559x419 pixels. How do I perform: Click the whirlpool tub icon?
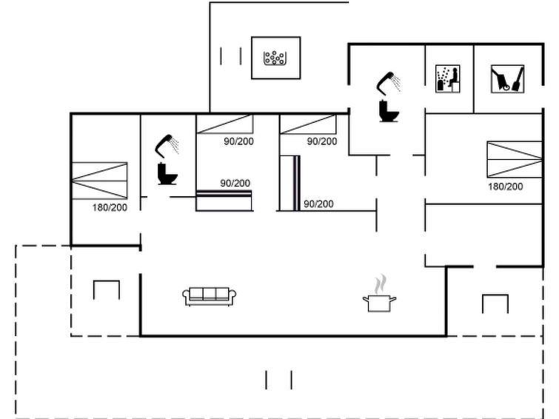click(x=274, y=58)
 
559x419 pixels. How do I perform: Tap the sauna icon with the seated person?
click(x=448, y=78)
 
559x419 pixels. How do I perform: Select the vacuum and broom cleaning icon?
click(x=507, y=78)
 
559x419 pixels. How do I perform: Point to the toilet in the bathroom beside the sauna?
click(x=389, y=111)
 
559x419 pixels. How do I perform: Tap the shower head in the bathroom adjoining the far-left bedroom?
click(x=167, y=146)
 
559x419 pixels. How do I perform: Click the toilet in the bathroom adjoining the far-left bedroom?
click(x=167, y=174)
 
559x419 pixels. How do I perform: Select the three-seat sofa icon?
click(x=210, y=296)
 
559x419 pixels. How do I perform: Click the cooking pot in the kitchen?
click(x=379, y=303)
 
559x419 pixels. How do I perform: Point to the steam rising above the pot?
click(x=381, y=284)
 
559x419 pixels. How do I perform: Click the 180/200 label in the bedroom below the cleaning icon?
click(x=505, y=187)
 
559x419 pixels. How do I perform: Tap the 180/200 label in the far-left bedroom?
click(x=110, y=207)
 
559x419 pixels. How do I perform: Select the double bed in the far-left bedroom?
click(x=99, y=181)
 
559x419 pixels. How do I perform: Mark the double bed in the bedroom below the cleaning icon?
click(x=515, y=159)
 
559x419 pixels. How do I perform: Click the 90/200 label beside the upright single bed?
click(x=318, y=204)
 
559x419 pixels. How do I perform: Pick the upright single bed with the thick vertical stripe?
click(x=289, y=183)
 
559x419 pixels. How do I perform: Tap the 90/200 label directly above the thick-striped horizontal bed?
click(x=235, y=184)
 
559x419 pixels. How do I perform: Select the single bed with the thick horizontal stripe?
click(x=224, y=201)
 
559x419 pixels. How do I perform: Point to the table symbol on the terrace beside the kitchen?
click(x=495, y=304)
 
